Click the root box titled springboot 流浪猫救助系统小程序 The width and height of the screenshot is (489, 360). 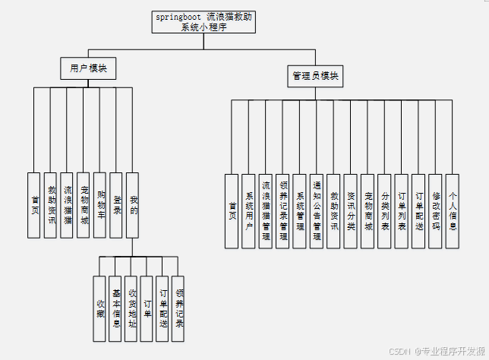[203, 21]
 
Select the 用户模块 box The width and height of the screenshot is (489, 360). [88, 68]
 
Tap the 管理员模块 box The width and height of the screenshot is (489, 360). [316, 76]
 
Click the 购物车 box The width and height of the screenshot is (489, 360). [99, 205]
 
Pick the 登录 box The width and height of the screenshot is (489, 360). [116, 205]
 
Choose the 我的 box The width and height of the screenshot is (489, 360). [133, 205]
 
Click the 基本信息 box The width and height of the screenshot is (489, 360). [115, 308]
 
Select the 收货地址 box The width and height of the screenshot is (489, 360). [131, 308]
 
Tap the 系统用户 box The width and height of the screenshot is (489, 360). [248, 210]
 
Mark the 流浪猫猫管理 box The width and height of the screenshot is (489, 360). [265, 210]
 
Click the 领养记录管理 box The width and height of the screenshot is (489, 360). [282, 210]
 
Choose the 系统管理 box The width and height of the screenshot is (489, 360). [299, 210]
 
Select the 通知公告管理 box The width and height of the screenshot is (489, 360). [317, 210]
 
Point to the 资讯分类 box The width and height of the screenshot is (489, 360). [350, 210]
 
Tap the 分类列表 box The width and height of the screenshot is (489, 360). [384, 210]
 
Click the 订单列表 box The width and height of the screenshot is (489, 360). [402, 210]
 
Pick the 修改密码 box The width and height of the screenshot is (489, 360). [435, 210]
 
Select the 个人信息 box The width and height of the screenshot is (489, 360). [453, 210]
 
